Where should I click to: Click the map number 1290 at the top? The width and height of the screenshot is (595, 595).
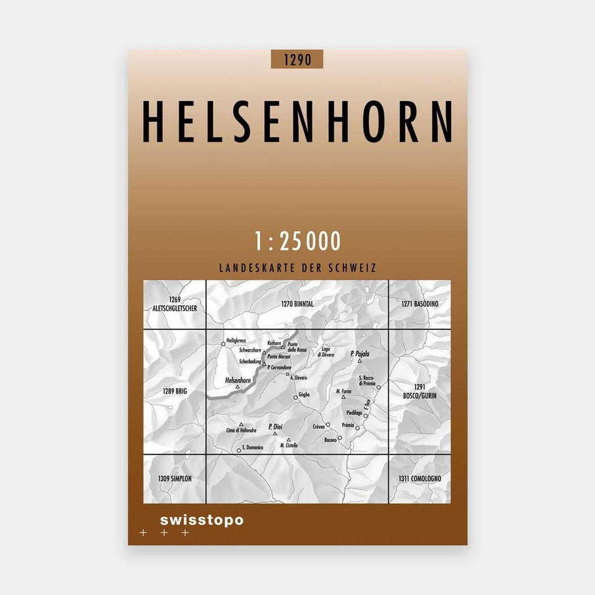296,59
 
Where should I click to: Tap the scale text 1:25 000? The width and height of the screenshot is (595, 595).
297,241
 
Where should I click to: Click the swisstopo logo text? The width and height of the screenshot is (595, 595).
202,520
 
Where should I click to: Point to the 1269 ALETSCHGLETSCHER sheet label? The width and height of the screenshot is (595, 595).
174,304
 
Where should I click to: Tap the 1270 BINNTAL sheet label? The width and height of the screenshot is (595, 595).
297,304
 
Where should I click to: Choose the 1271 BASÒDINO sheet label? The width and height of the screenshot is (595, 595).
420,304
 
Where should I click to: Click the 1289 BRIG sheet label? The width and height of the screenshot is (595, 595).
174,392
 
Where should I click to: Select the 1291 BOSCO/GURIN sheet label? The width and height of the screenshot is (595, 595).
419,391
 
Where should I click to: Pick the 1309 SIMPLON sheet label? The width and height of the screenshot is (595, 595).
174,479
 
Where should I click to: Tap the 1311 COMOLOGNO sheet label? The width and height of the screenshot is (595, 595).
420,479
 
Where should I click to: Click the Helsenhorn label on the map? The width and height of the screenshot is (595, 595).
237,381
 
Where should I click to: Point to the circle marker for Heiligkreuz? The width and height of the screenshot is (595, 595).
223,344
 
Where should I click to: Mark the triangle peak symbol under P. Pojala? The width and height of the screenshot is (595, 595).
360,361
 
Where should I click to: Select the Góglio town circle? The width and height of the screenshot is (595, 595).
295,399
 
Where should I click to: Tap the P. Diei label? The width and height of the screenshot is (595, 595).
275,426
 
